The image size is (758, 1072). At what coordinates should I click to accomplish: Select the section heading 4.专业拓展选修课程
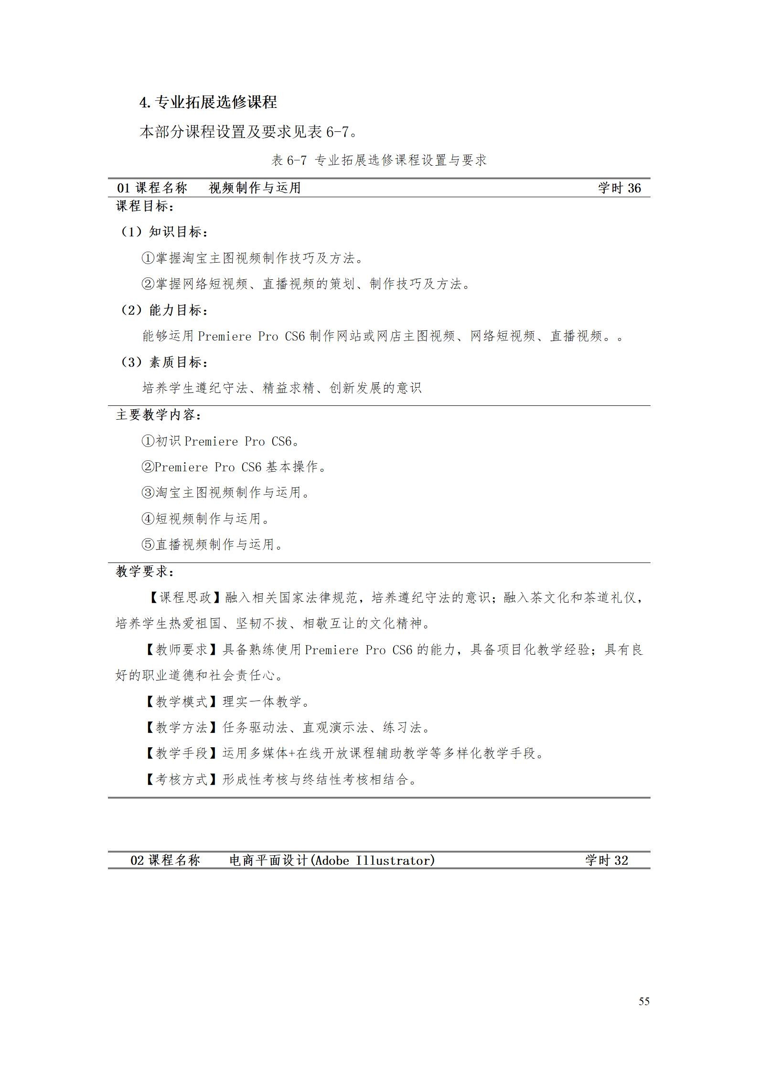click(208, 102)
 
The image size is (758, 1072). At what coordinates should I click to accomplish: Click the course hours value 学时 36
click(619, 188)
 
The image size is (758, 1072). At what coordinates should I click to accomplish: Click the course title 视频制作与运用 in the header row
click(255, 188)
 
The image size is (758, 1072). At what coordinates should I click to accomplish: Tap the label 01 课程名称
click(152, 188)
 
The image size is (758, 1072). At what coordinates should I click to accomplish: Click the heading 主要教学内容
click(159, 414)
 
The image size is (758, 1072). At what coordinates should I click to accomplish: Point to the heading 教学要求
click(145, 571)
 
